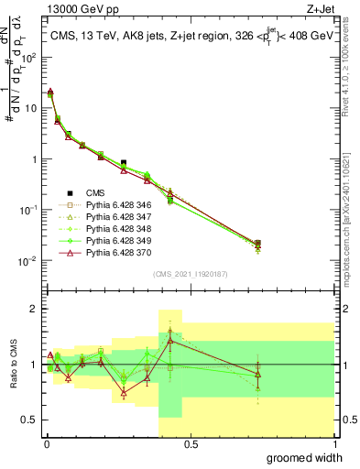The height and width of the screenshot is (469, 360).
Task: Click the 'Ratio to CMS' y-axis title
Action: point(12,365)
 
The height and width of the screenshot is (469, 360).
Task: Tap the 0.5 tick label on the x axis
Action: point(190,444)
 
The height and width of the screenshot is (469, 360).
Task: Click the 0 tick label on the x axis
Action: point(46,444)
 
